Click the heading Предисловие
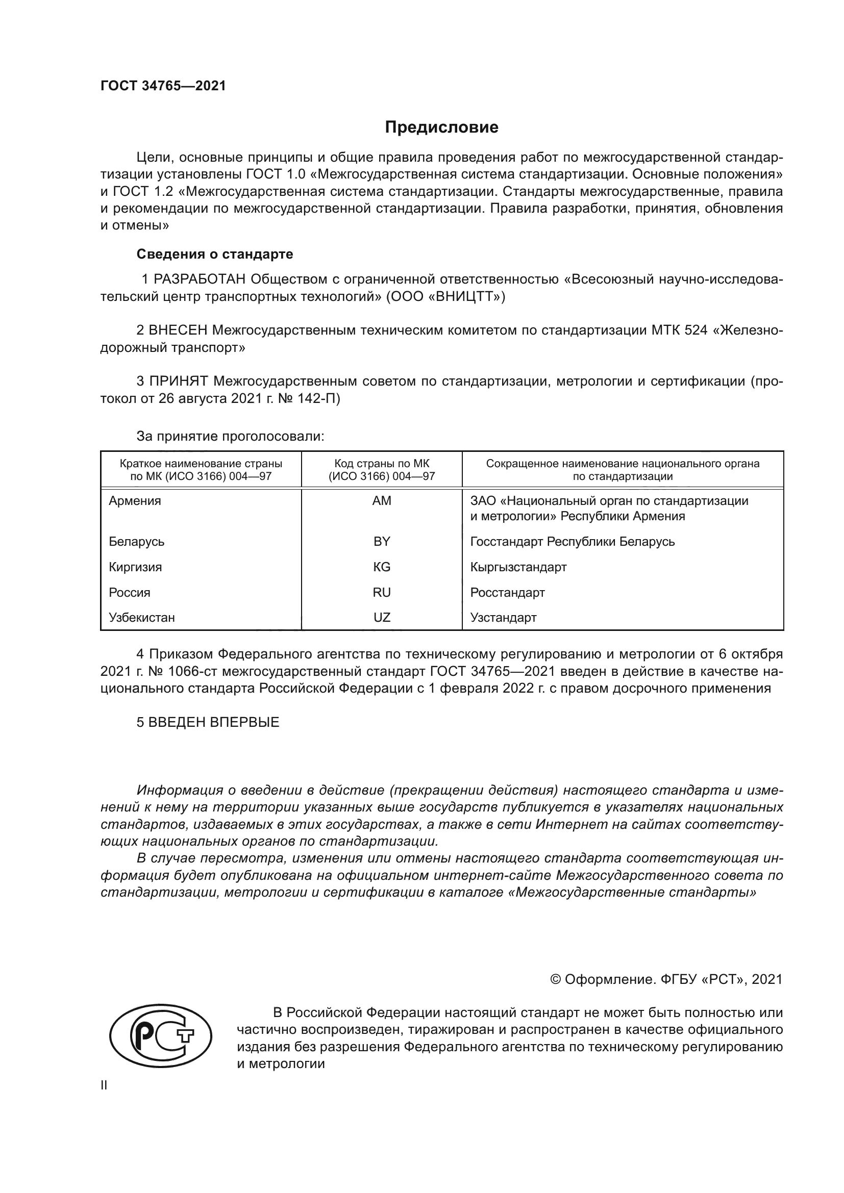tap(441, 128)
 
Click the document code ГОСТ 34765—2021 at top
tap(163, 86)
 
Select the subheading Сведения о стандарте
tap(215, 254)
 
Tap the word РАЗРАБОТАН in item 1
tap(200, 280)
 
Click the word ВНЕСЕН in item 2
tap(178, 331)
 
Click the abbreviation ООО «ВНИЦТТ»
tap(445, 297)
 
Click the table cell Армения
tap(135, 501)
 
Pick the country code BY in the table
tap(382, 542)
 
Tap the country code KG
tap(382, 567)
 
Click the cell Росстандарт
tap(507, 592)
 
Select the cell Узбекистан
tap(142, 618)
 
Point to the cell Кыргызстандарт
tap(518, 567)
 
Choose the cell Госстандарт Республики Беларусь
tap(572, 542)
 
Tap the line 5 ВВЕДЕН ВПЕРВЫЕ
tap(208, 722)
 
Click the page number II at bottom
tap(104, 1085)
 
